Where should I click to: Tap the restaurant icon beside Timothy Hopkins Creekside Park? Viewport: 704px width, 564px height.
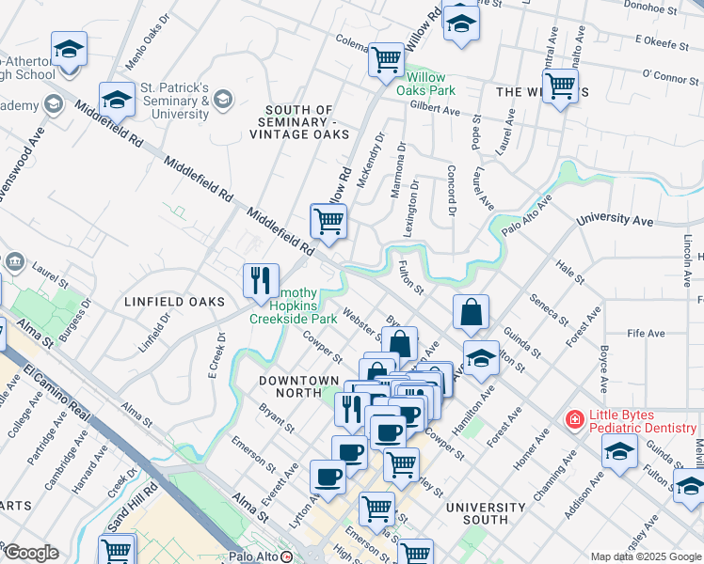coord(261,279)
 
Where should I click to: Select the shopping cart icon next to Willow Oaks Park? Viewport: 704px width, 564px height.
coord(386,58)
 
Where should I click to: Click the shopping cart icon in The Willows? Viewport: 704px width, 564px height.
coord(560,86)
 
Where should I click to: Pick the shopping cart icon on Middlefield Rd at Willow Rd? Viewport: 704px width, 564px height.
coord(328,221)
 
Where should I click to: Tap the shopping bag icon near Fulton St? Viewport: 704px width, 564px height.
coord(471,311)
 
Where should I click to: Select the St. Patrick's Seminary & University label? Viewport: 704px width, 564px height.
coord(175,102)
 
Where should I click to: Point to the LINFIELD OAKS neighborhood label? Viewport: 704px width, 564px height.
coord(175,301)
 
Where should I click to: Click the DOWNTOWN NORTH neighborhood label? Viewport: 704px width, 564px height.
coord(298,381)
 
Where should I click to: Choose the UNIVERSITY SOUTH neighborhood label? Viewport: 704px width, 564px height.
coord(485,513)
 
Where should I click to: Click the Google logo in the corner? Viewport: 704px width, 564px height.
coord(31,553)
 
